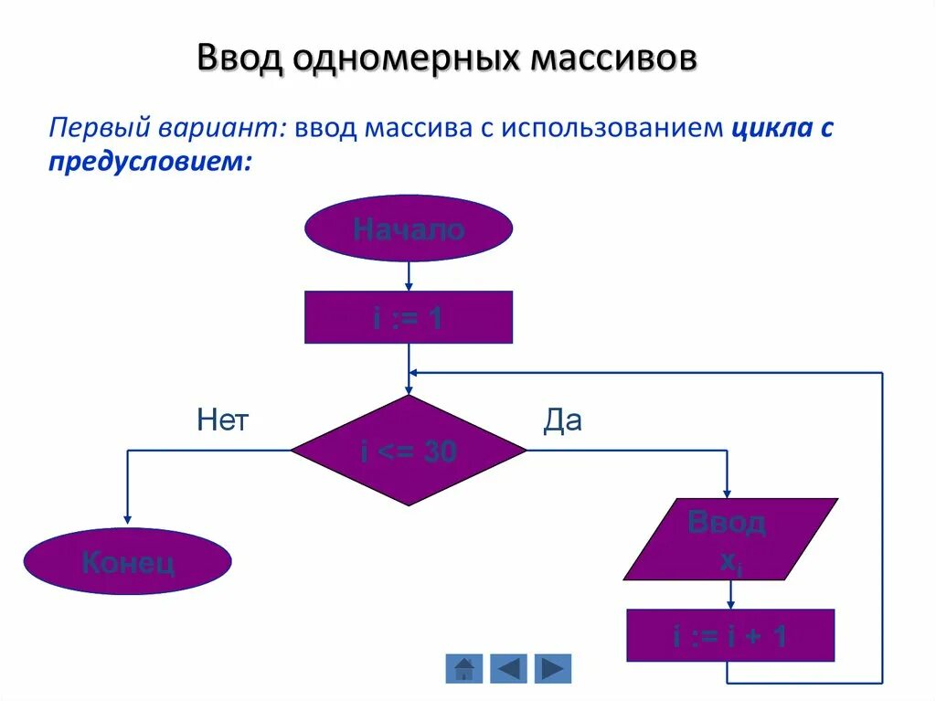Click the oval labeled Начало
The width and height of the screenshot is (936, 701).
(x=408, y=228)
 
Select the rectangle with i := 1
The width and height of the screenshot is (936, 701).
(x=408, y=317)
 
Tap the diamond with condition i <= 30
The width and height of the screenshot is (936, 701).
(x=409, y=451)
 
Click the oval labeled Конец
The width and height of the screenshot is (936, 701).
(x=127, y=561)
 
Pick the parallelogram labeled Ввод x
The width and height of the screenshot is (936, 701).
(x=729, y=539)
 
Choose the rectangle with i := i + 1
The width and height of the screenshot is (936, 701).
(x=729, y=635)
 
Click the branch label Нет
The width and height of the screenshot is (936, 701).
(x=223, y=420)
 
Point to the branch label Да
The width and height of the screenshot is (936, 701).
(x=562, y=420)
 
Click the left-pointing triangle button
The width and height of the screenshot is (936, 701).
(x=508, y=668)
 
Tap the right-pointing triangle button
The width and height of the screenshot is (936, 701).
(x=552, y=668)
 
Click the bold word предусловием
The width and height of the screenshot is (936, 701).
(x=149, y=160)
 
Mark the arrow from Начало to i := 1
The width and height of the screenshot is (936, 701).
(x=409, y=276)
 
